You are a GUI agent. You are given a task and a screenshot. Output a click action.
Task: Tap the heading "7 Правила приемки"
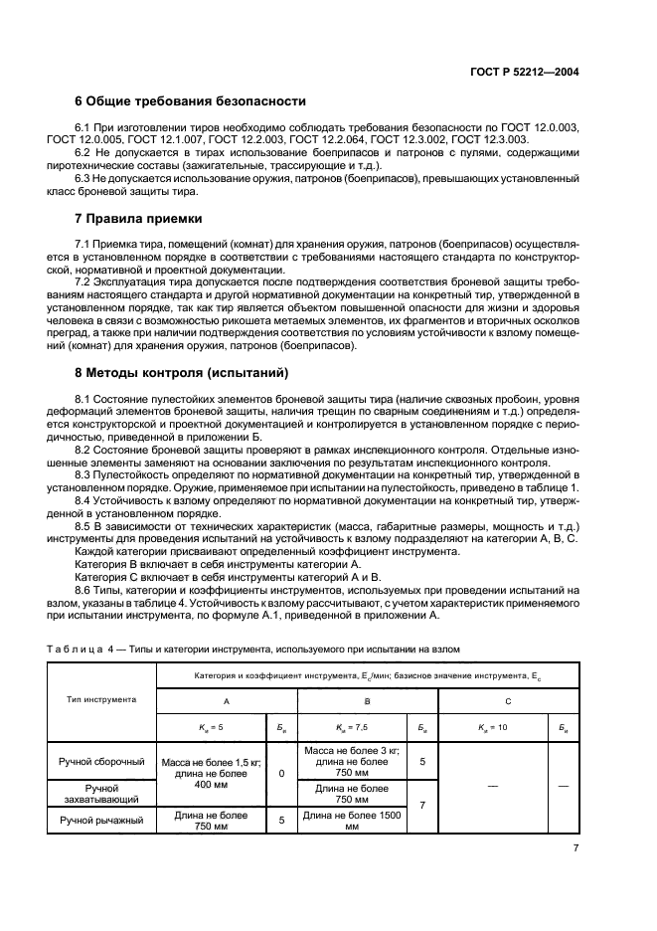pyautogui.click(x=139, y=218)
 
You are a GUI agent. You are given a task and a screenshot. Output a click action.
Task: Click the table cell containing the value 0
pyautogui.click(x=281, y=773)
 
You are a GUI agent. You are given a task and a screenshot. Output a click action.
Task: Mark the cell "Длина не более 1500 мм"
pyautogui.click(x=351, y=821)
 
